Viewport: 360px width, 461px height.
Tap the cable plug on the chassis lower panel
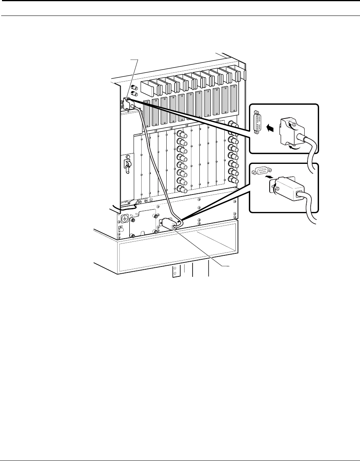(x=167, y=224)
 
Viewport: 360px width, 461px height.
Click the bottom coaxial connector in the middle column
(x=182, y=189)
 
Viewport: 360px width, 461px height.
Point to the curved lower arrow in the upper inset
(x=295, y=147)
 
